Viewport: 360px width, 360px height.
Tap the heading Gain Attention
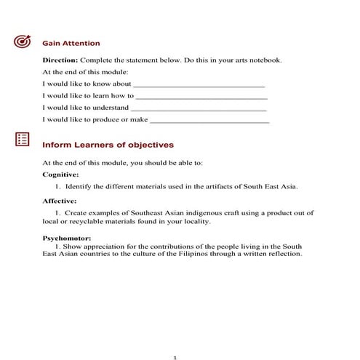[71, 43]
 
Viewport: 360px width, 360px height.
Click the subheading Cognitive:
[61, 175]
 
